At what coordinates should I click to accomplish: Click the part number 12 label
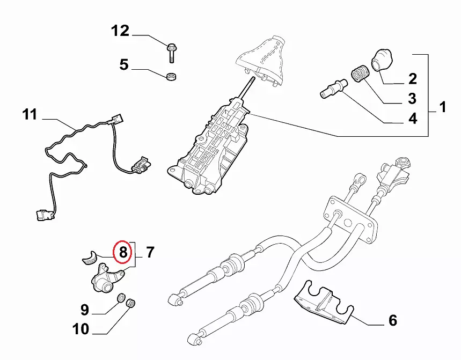(120, 31)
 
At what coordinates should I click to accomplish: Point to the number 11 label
(30, 115)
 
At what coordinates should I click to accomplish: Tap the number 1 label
(443, 108)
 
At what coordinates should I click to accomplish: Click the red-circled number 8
(123, 252)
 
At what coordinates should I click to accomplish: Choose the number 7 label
(150, 252)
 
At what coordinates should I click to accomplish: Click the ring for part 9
(122, 298)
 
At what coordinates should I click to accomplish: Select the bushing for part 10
(130, 305)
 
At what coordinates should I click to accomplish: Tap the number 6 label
(392, 321)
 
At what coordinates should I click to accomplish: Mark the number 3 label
(412, 99)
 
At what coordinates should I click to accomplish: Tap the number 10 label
(81, 328)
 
